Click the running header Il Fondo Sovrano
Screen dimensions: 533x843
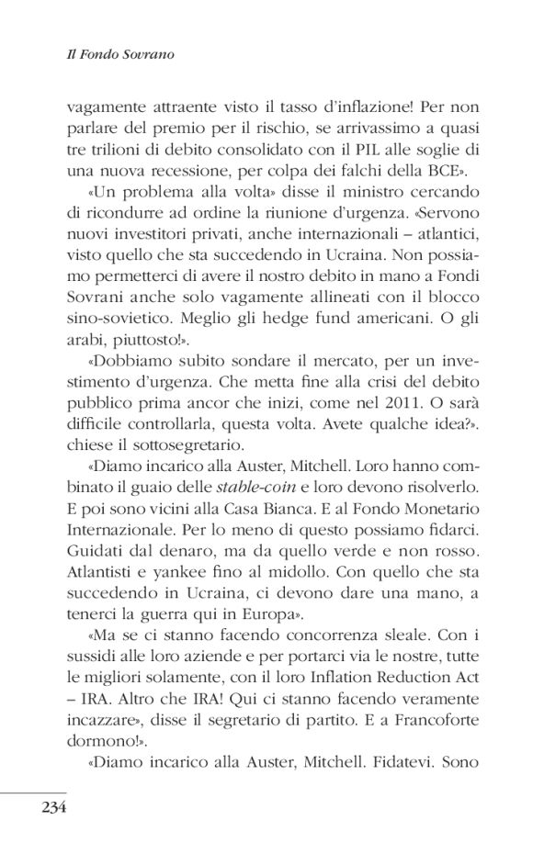[121, 55]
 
